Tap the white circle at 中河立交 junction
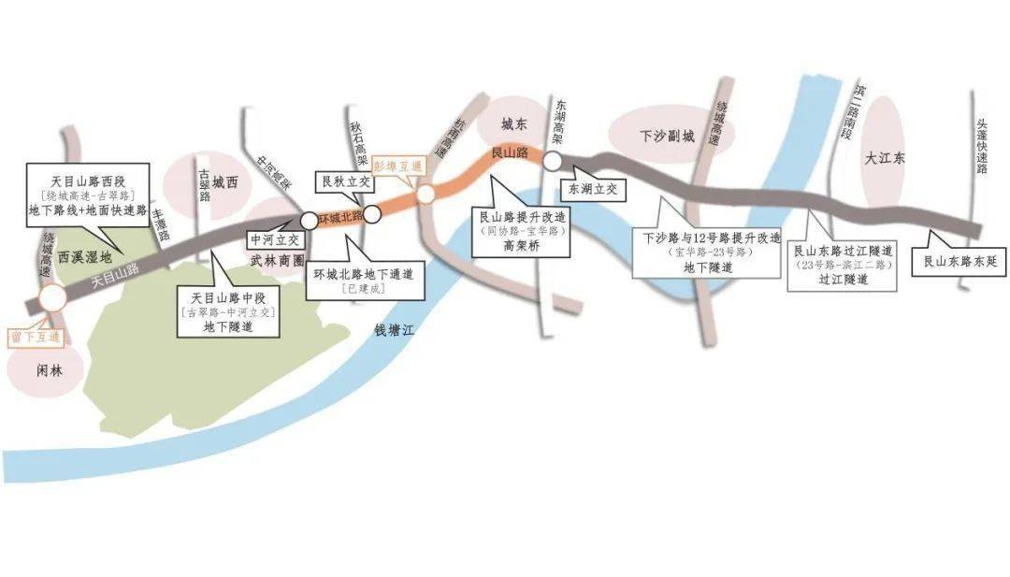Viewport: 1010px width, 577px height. pyautogui.click(x=310, y=221)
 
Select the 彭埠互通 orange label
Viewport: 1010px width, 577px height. pyautogui.click(x=398, y=165)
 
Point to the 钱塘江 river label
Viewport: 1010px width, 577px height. pyautogui.click(x=393, y=330)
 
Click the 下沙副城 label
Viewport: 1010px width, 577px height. pyautogui.click(x=667, y=137)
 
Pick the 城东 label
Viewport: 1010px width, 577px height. pyautogui.click(x=515, y=123)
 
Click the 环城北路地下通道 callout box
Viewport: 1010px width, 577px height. pyautogui.click(x=367, y=279)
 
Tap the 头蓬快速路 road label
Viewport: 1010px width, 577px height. pyautogui.click(x=982, y=146)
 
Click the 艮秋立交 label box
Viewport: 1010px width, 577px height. pyautogui.click(x=346, y=180)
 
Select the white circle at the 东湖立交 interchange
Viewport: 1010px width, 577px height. pyautogui.click(x=553, y=161)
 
